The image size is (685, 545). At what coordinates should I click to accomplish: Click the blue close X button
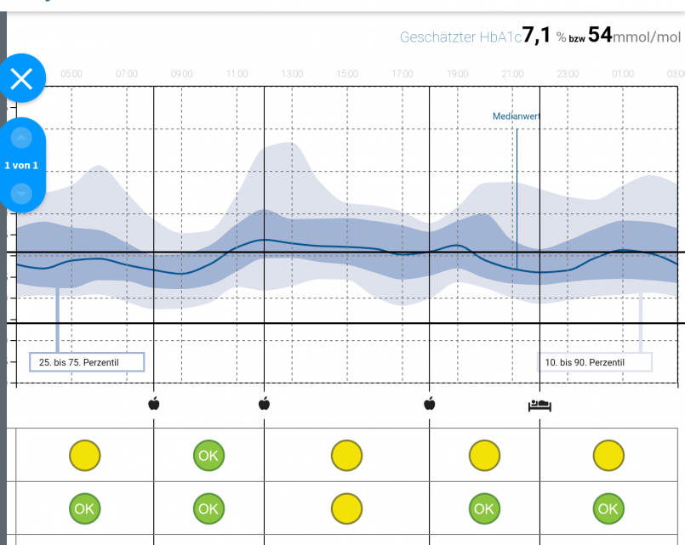pos(21,79)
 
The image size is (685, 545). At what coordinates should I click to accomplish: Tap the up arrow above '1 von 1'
pos(21,137)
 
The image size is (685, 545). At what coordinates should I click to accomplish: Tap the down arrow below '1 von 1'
pos(21,193)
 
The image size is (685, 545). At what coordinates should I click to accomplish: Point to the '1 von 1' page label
pos(21,165)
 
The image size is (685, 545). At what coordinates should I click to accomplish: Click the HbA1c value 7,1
pos(537,36)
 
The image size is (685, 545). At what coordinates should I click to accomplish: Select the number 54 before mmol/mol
pos(599,36)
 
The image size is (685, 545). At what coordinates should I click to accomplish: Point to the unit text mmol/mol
pos(647,37)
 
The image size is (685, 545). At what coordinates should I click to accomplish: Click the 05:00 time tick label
pos(71,75)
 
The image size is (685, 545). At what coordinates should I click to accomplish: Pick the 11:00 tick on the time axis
pos(237,75)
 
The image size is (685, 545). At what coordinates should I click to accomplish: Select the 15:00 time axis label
pos(347,75)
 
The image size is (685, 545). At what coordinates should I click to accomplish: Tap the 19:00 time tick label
pos(457,75)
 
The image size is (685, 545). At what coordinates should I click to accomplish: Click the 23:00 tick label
pos(568,75)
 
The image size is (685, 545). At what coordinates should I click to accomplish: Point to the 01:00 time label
pos(623,75)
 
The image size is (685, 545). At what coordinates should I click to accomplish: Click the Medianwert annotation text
pos(517,116)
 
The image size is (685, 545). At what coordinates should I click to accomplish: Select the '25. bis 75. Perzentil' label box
pos(87,362)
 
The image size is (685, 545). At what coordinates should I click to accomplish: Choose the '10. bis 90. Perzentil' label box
pos(594,362)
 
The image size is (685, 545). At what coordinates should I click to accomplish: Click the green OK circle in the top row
pos(208,456)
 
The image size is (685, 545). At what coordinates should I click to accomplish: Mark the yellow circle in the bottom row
pos(346,508)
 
